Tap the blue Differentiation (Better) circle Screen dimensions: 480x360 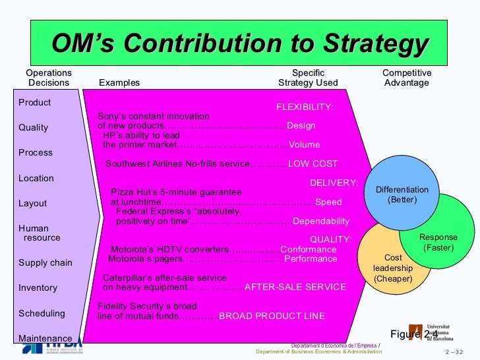coord(402,191)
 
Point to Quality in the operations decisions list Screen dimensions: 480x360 coord(33,128)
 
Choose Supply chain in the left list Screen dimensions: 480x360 coord(45,262)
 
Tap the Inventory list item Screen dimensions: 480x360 coord(38,287)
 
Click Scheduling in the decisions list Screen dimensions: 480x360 coord(42,313)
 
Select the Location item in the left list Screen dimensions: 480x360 coord(36,178)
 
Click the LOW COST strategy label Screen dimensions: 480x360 coord(313,164)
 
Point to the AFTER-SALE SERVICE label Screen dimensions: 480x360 coord(295,287)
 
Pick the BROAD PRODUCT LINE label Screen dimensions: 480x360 coord(272,316)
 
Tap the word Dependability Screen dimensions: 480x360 coord(320,221)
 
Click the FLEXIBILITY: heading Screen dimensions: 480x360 coord(305,107)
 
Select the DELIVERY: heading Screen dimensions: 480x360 coord(334,183)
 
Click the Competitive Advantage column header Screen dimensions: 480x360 coord(407,78)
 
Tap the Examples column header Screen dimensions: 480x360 coord(119,83)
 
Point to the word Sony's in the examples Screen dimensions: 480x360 coord(111,116)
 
